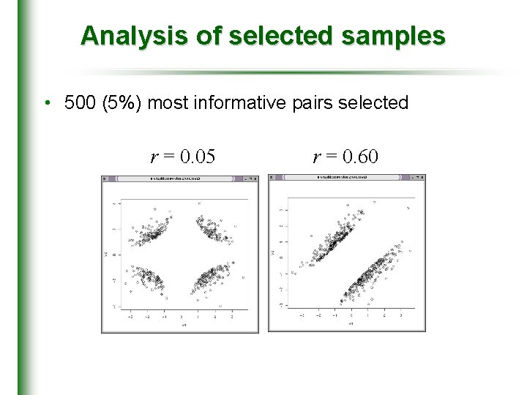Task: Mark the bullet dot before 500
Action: point(46,103)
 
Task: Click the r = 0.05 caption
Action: point(183,157)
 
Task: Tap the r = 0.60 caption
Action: point(345,157)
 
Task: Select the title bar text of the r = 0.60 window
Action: point(346,178)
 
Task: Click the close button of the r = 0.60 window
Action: point(421,178)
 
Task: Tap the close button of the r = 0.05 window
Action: point(255,178)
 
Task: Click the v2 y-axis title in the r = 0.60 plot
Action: point(273,253)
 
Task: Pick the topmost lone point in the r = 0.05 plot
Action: point(156,207)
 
